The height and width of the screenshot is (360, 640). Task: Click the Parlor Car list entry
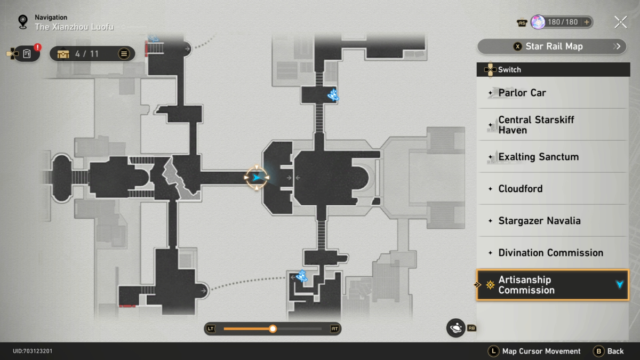(553, 93)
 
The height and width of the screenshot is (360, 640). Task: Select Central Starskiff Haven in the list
(553, 125)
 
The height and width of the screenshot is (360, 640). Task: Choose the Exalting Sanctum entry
(553, 157)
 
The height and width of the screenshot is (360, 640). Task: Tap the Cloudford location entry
(553, 189)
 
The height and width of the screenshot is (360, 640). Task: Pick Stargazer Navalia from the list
(553, 221)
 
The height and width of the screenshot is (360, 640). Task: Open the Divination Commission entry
(553, 253)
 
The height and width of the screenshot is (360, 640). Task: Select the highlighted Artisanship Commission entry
(553, 285)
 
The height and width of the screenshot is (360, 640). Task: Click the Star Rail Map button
(551, 46)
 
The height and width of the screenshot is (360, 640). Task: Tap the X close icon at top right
(620, 22)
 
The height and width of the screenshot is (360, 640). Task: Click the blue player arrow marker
(259, 177)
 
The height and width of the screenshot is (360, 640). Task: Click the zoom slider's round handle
(273, 329)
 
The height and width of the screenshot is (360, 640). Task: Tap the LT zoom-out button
(211, 329)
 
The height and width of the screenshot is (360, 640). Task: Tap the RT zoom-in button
(334, 329)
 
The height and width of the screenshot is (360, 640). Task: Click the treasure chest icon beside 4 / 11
(63, 54)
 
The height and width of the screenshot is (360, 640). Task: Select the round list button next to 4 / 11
(124, 54)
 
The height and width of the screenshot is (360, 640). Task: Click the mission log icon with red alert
(27, 53)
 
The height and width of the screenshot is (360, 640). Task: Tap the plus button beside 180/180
(587, 22)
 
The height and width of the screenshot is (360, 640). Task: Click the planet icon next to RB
(456, 328)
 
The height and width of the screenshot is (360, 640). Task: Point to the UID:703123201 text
(33, 351)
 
